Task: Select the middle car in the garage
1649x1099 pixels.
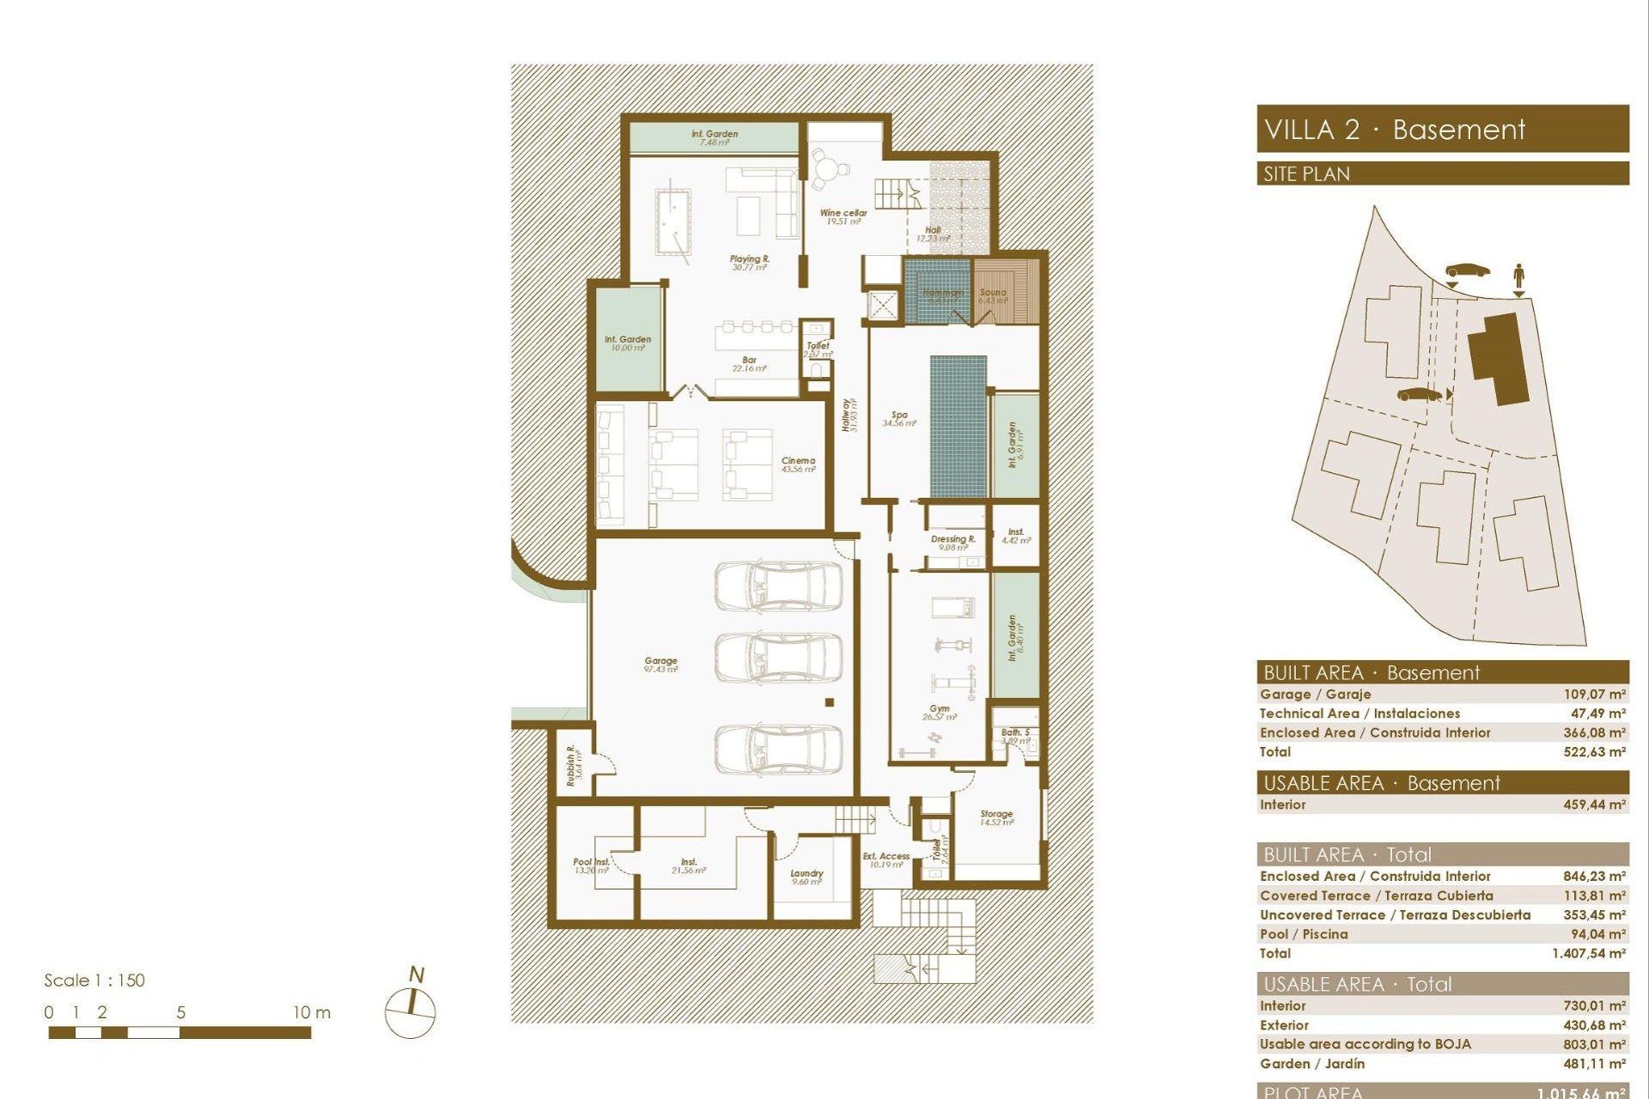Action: pyautogui.click(x=778, y=658)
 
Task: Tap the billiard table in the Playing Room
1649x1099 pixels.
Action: pyautogui.click(x=673, y=222)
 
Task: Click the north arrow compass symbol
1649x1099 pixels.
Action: pyautogui.click(x=411, y=1011)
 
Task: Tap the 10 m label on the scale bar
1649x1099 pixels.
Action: pyautogui.click(x=311, y=1012)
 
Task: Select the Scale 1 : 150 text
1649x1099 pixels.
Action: pyautogui.click(x=94, y=980)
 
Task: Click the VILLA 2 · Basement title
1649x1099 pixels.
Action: pyautogui.click(x=1394, y=130)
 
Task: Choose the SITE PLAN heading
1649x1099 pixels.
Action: pyautogui.click(x=1306, y=174)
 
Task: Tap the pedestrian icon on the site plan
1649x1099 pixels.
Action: pyautogui.click(x=1518, y=276)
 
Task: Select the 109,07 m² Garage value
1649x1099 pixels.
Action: pyautogui.click(x=1593, y=694)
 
